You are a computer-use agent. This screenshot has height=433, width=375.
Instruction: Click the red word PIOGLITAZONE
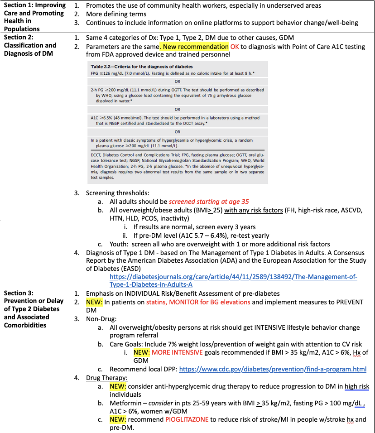tap(187, 419)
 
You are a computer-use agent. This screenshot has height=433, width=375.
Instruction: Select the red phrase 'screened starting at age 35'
tap(209, 202)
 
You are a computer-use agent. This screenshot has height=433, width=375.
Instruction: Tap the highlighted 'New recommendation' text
tap(196, 47)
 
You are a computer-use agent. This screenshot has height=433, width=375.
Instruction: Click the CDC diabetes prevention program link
tap(273, 369)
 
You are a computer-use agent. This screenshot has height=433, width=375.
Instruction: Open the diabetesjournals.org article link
tap(233, 280)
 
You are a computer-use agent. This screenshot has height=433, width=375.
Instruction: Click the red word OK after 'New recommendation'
tap(235, 47)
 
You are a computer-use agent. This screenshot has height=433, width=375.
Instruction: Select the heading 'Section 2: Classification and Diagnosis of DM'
tap(30, 45)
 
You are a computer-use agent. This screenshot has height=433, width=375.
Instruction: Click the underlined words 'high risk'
tap(357, 386)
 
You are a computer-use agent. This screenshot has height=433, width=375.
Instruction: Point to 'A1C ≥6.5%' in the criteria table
tap(107, 118)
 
